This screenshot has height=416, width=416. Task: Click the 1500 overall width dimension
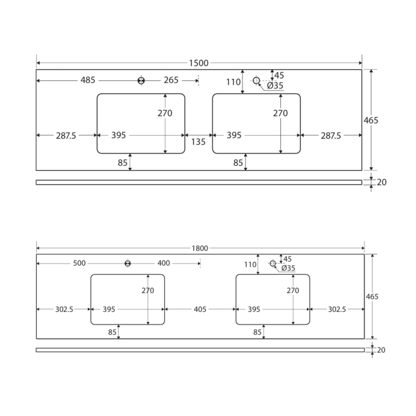click(x=199, y=63)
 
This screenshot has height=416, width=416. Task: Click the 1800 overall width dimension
click(x=200, y=248)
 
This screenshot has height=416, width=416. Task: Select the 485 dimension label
click(x=88, y=80)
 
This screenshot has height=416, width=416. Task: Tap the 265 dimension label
click(x=171, y=80)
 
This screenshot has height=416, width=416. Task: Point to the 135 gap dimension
click(x=198, y=142)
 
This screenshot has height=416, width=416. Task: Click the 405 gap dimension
click(x=200, y=309)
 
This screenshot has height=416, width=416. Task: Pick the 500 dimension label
click(x=79, y=263)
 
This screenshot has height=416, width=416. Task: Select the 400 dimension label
click(x=164, y=263)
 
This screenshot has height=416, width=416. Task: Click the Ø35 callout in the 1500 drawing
click(x=275, y=86)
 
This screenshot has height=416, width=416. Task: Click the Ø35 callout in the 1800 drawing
click(x=288, y=268)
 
